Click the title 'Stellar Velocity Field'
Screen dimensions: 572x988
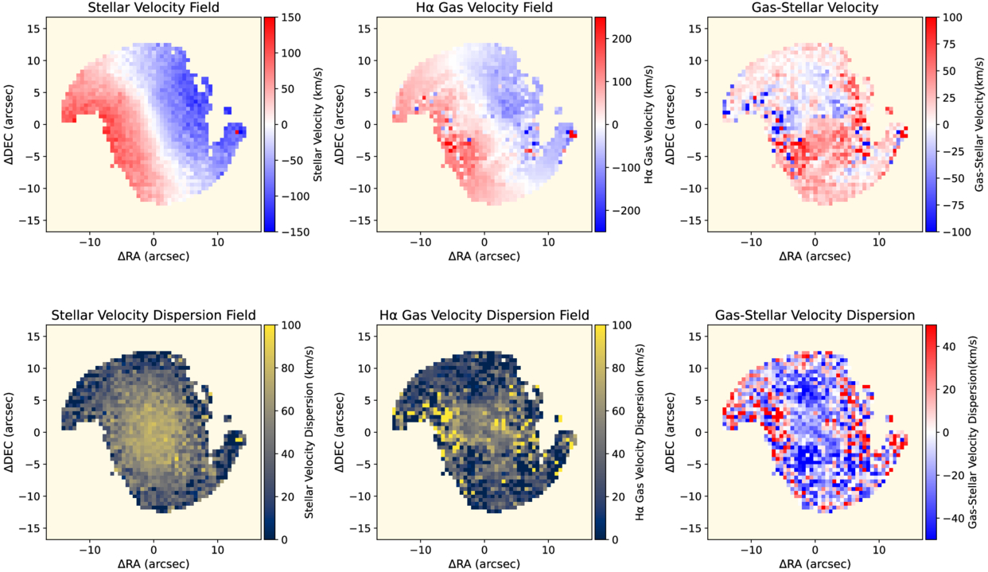coord(154,9)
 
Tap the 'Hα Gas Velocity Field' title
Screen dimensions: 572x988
coord(484,9)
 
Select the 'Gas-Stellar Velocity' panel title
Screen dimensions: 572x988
coord(815,9)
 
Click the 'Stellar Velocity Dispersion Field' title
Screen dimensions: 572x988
coord(154,316)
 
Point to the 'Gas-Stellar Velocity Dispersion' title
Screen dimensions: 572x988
coord(815,316)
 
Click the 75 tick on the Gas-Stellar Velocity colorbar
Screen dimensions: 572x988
coord(951,44)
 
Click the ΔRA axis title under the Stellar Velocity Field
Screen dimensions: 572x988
coord(154,256)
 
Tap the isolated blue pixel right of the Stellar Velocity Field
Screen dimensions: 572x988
coord(229,111)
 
